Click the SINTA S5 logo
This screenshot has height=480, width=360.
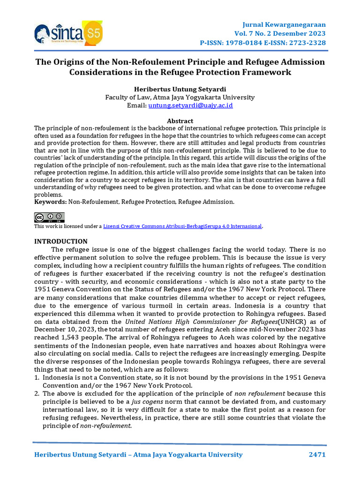click(68, 33)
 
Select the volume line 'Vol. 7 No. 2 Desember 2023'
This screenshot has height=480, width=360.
click(280, 34)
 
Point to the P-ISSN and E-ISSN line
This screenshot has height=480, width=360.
click(263, 43)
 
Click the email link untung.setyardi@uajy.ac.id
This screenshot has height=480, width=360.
click(191, 105)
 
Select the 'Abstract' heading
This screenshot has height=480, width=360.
click(180, 121)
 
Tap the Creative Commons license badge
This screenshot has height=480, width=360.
click(49, 217)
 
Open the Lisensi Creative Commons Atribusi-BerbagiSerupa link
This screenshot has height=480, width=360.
click(182, 226)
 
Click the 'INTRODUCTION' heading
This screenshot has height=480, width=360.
click(61, 241)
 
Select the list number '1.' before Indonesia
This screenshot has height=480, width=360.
click(37, 378)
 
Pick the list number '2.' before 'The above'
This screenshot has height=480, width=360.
click(37, 394)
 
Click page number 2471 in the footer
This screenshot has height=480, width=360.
click(317, 455)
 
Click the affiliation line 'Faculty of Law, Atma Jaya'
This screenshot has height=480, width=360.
click(180, 97)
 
